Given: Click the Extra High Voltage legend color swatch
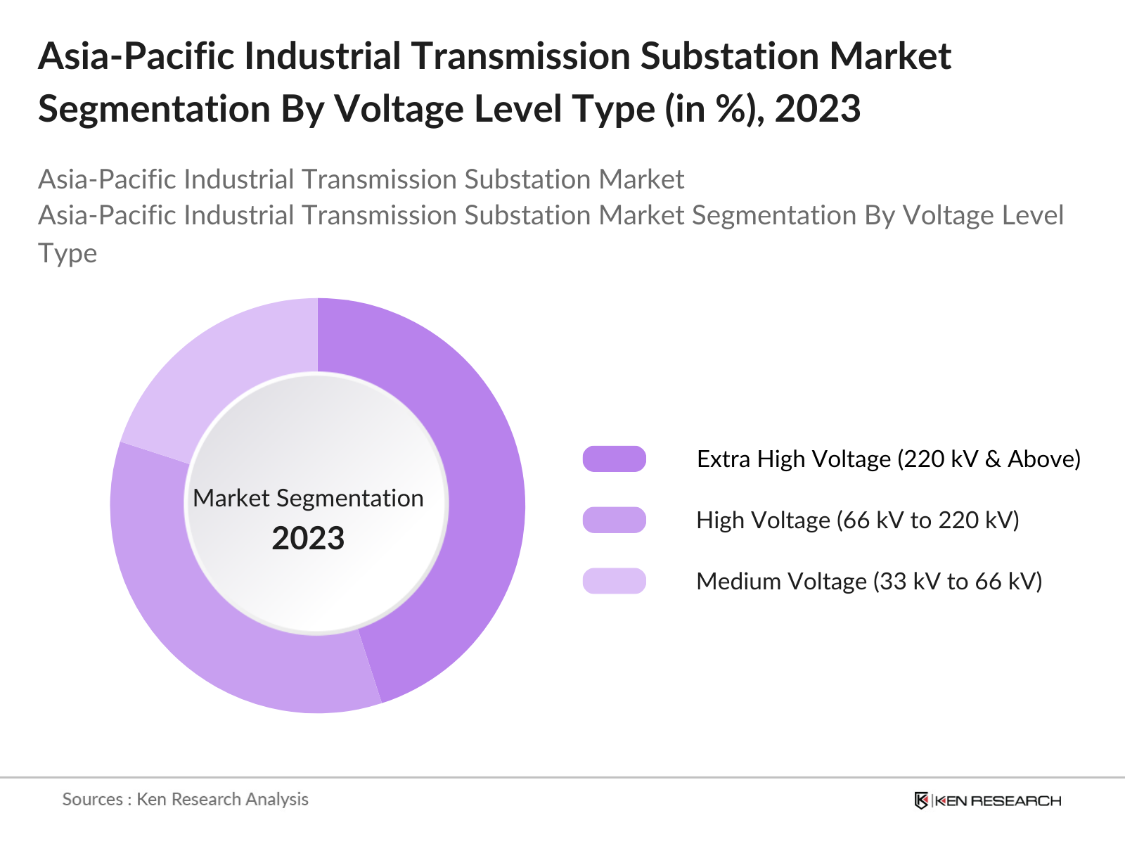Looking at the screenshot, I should click(614, 459).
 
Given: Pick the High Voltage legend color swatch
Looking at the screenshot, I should click(614, 520).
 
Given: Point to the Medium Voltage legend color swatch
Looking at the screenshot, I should click(614, 582).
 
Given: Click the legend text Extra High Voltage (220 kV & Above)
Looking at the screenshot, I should click(888, 459).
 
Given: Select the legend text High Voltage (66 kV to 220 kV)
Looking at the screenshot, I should click(857, 520).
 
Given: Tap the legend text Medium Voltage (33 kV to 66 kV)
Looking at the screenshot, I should click(868, 582).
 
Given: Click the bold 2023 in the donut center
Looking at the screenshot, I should click(308, 539).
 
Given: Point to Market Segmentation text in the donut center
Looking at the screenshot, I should click(308, 498).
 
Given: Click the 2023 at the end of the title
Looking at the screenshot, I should click(817, 109).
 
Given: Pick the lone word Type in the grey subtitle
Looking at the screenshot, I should click(67, 253).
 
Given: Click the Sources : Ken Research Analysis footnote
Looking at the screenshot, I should click(185, 800).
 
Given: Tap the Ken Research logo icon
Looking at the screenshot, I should click(921, 800).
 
